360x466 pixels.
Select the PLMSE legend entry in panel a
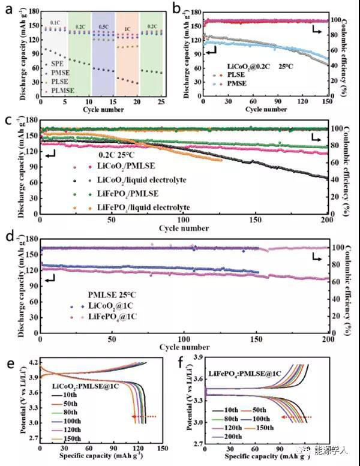61,91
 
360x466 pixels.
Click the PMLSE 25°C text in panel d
111,294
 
